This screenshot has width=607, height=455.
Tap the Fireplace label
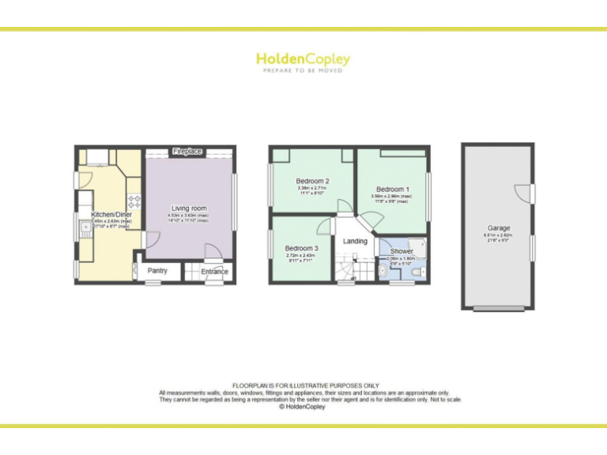[187, 151]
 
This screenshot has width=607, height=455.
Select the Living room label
[187, 208]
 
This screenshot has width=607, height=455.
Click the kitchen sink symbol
[85, 228]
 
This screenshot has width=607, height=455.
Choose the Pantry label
[158, 271]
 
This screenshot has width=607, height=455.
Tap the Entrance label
[213, 272]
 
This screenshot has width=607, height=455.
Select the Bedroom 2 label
[312, 181]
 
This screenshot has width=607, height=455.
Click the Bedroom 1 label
[392, 190]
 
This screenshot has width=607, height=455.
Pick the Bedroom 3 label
[301, 249]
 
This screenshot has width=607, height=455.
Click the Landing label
[355, 242]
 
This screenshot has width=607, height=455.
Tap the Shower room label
[402, 252]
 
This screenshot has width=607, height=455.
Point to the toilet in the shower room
[383, 272]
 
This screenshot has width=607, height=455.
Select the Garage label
[498, 228]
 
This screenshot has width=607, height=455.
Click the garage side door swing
[522, 192]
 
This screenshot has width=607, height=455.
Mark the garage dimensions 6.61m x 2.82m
[498, 235]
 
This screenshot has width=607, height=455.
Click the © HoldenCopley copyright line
[303, 407]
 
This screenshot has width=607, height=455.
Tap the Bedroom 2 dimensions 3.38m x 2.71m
[312, 188]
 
